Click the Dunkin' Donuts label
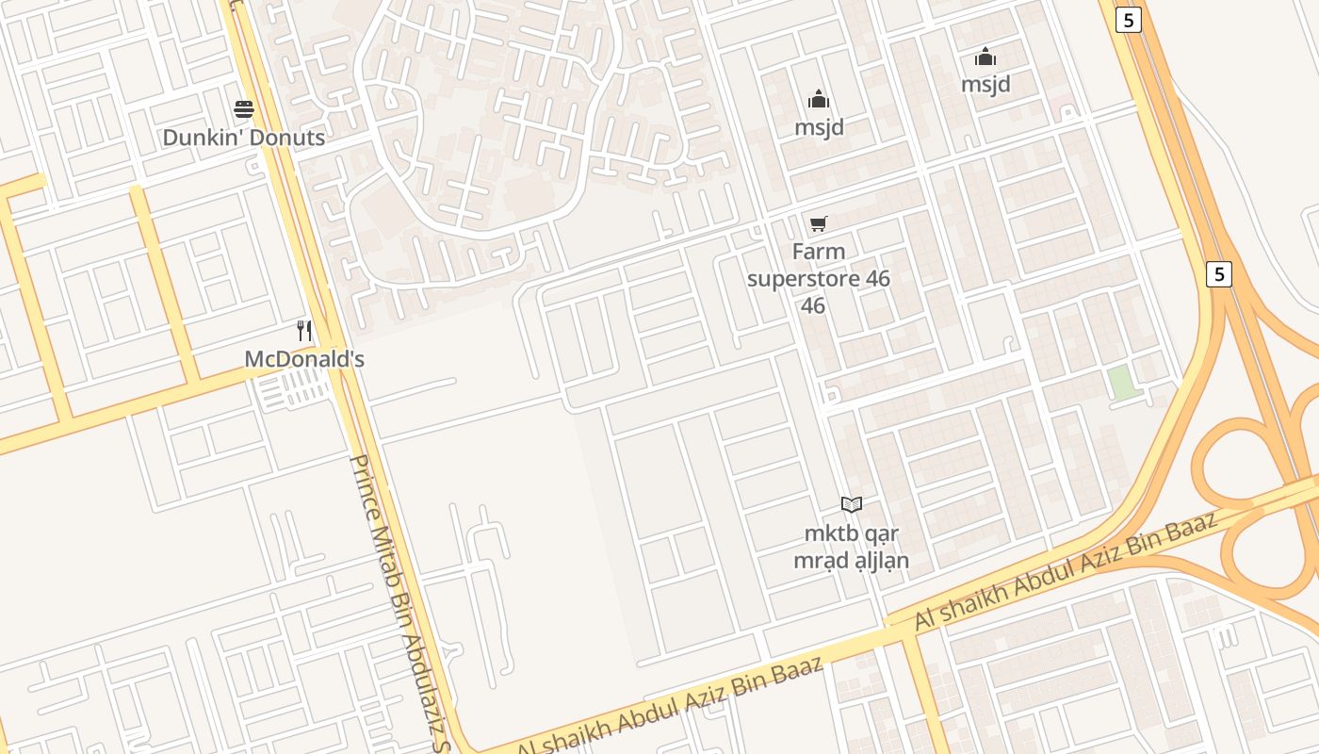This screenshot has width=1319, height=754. point(243,138)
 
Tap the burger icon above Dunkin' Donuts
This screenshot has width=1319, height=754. point(244,109)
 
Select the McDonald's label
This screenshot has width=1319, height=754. point(303,359)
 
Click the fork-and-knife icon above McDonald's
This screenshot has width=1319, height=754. point(303,331)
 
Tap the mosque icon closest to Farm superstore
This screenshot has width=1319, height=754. point(819,99)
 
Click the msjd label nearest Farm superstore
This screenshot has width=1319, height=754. point(819,127)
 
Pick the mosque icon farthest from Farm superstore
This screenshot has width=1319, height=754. point(985,57)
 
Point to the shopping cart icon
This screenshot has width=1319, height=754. point(819,224)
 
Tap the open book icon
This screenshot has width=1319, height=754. point(852,505)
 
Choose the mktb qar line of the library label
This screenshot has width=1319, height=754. point(852,533)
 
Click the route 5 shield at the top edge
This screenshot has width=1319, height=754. point(1128,20)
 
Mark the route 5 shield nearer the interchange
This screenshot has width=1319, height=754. point(1219,274)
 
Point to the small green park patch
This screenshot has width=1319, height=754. point(1122,383)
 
